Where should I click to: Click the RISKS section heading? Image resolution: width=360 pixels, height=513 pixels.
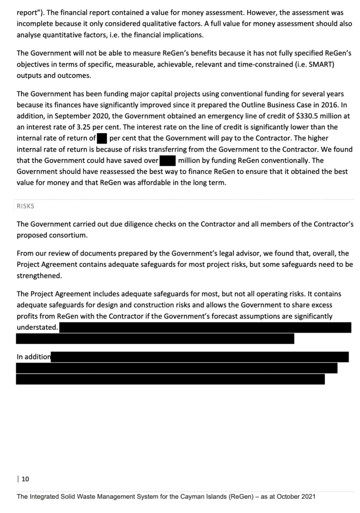point(26,206)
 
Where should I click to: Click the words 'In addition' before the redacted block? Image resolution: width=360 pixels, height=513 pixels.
point(34,357)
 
